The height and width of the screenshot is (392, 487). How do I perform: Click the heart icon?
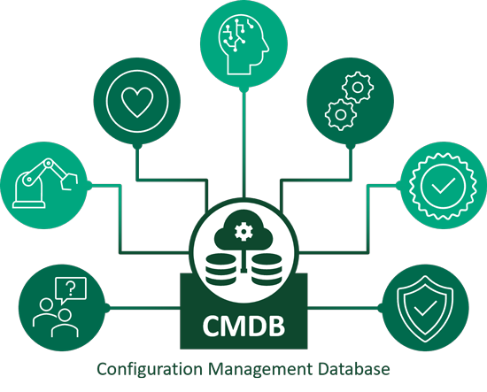[x=137, y=102]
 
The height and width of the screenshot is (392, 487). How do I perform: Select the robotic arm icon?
[x=44, y=183]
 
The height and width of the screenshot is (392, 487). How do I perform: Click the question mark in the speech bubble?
[x=71, y=288]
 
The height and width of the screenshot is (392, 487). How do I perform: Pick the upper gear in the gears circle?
[x=358, y=88]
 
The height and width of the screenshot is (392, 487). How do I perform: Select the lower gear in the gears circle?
[x=340, y=114]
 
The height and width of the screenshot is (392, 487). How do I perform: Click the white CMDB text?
[x=243, y=326]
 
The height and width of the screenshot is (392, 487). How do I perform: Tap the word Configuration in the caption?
[x=150, y=370]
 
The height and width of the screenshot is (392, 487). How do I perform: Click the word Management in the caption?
[x=260, y=370]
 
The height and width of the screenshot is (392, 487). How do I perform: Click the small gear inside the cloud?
[x=243, y=232]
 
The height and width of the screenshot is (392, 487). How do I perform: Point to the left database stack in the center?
[x=220, y=269]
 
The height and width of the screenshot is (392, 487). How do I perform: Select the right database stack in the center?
[x=267, y=269]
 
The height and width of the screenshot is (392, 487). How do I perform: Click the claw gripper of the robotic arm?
[x=68, y=181]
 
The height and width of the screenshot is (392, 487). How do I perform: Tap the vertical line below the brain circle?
[x=244, y=144]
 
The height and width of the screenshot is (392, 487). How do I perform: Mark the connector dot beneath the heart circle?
[x=137, y=146]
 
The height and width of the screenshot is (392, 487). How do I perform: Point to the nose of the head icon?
[x=267, y=47]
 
